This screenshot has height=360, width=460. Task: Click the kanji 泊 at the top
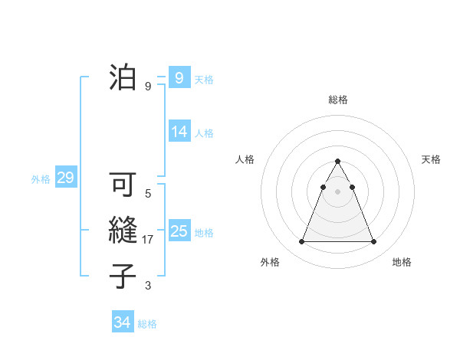point(123,77)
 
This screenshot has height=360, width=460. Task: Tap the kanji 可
point(123,185)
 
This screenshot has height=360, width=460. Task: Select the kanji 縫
point(123,231)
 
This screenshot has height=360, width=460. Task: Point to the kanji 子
point(123,276)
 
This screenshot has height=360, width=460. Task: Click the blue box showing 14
point(179,132)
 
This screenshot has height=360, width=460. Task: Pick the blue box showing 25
point(179,231)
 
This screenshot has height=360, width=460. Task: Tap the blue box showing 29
point(65,178)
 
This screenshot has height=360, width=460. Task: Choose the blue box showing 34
point(122,322)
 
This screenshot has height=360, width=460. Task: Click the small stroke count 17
point(148,240)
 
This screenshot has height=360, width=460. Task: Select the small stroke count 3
point(148,286)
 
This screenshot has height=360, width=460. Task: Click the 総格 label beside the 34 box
point(147,324)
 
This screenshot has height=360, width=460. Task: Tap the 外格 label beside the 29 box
point(41,179)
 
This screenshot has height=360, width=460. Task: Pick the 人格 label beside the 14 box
point(204,133)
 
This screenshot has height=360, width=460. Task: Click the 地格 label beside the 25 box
point(204,233)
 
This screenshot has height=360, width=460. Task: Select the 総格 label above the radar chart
point(337,100)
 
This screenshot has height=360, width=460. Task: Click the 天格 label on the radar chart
point(431,159)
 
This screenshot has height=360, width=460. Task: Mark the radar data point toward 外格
point(301,242)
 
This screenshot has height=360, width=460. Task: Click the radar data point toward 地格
point(373,242)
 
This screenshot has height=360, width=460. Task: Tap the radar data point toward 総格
point(337,162)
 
